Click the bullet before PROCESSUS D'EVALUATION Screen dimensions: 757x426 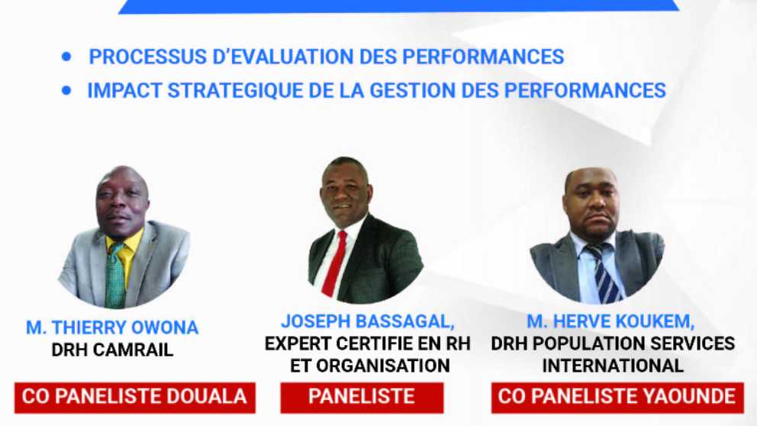click(66, 57)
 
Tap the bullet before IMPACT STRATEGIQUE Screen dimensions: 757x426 click(66, 90)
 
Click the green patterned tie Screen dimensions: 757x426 click(115, 276)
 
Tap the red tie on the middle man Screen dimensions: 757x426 click(334, 264)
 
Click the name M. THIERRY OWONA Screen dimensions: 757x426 click(112, 328)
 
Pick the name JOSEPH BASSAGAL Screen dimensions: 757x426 click(367, 321)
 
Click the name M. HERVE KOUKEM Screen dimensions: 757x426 click(610, 321)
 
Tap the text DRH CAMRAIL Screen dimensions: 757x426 click(112, 350)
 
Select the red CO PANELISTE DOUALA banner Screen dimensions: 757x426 click(135, 398)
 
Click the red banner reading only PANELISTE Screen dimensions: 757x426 click(362, 398)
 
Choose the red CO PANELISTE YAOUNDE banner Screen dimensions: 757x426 click(617, 398)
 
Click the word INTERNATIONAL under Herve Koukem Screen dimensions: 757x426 click(613, 366)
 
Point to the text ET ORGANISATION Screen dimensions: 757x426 click(370, 366)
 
